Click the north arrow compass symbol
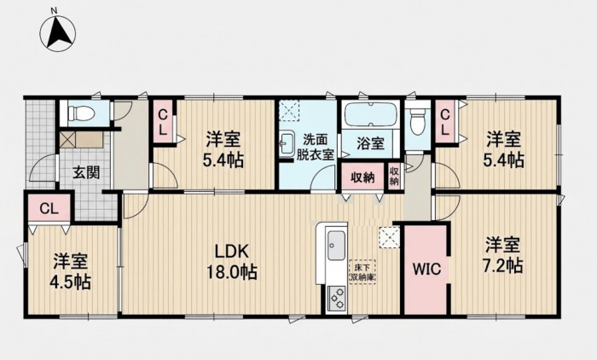pyautogui.click(x=57, y=32)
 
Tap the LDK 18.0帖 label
pyautogui.click(x=231, y=262)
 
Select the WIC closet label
pyautogui.click(x=427, y=269)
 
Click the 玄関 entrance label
pyautogui.click(x=86, y=172)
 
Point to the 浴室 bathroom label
pyautogui.click(x=370, y=142)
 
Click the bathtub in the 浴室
pyautogui.click(x=371, y=114)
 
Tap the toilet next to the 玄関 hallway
pyautogui.click(x=81, y=113)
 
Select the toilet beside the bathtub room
pyautogui.click(x=417, y=121)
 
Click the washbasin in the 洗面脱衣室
pyautogui.click(x=287, y=143)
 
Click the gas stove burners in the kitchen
pyautogui.click(x=337, y=299)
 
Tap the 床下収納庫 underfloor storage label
pyautogui.click(x=362, y=272)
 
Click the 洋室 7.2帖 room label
pyautogui.click(x=502, y=255)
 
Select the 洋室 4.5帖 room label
pyautogui.click(x=71, y=271)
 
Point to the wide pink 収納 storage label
pyautogui.click(x=362, y=177)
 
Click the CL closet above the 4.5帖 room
pyautogui.click(x=49, y=208)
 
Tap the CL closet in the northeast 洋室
pyautogui.click(x=444, y=121)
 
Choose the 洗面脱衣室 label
pyautogui.click(x=316, y=147)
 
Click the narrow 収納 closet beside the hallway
pyautogui.click(x=394, y=176)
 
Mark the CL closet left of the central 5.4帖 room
pyautogui.click(x=163, y=121)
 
